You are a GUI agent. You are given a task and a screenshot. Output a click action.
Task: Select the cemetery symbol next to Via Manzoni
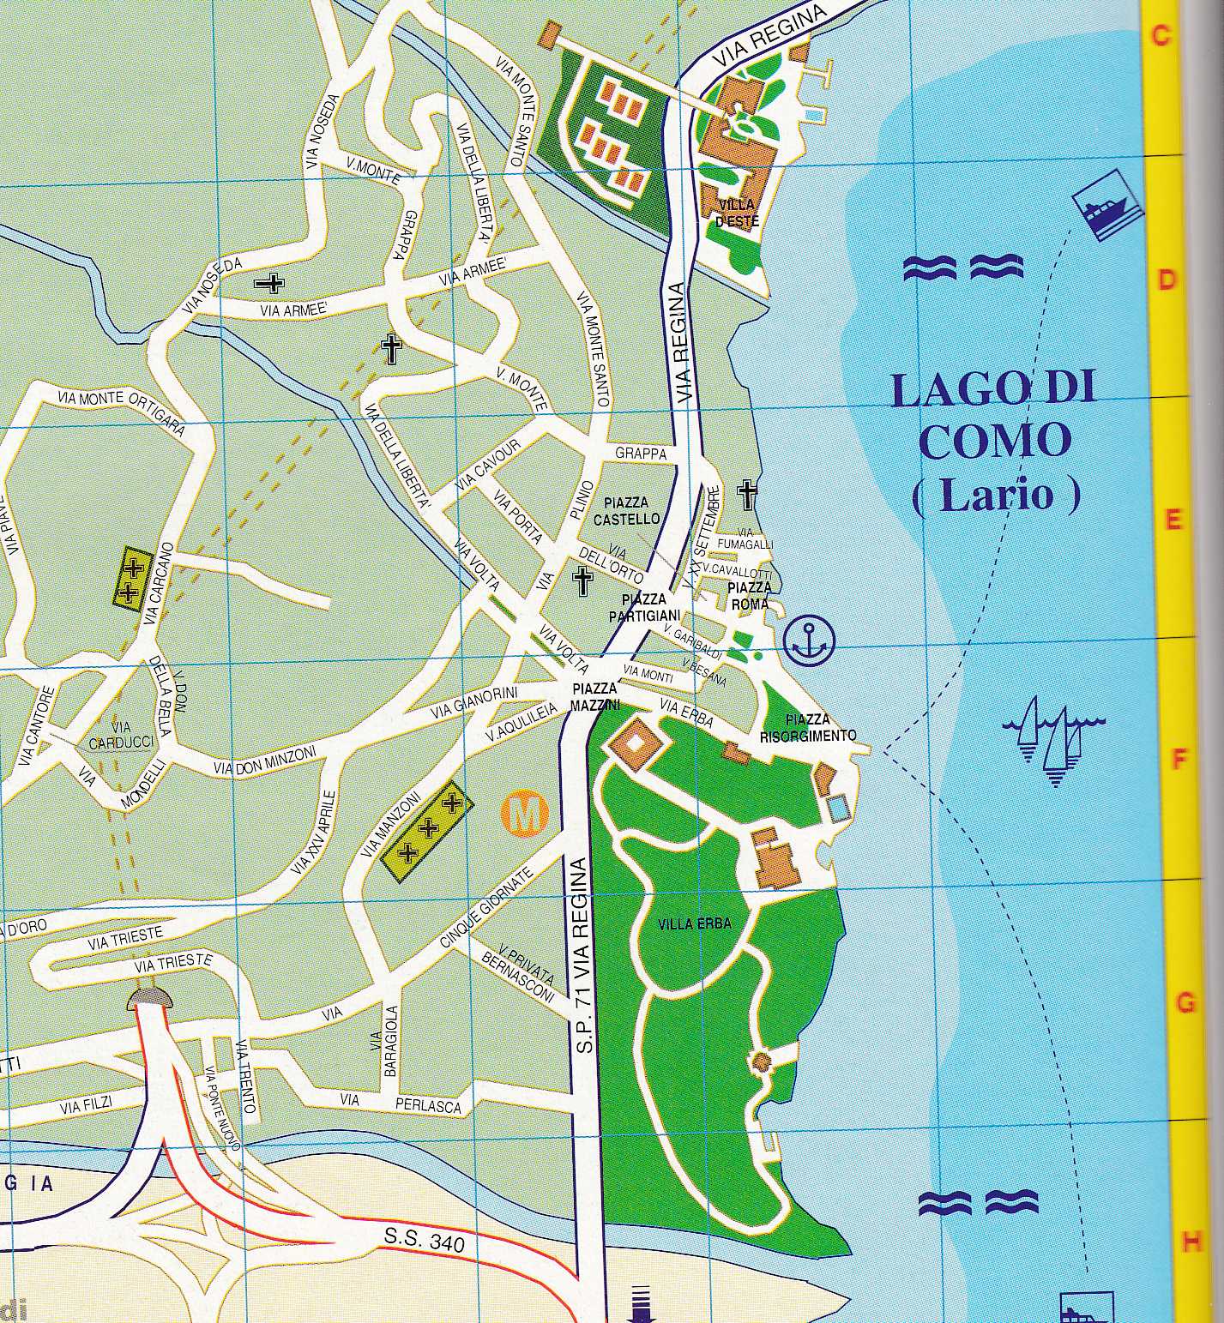tap(426, 828)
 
